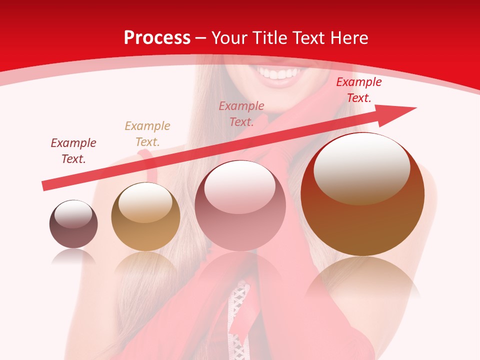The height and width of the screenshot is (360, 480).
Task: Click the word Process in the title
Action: coord(157,38)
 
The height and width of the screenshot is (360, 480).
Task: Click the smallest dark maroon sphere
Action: coord(73,224)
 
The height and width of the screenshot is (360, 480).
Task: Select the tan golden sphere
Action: coord(145,217)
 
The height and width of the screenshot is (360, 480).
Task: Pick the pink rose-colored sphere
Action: coord(240,205)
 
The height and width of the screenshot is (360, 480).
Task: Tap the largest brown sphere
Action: coord(362,194)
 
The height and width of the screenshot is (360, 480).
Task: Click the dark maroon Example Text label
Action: coord(73,151)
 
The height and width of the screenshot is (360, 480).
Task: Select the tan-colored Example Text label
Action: coord(147,133)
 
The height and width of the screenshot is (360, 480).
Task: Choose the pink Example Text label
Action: coord(241,113)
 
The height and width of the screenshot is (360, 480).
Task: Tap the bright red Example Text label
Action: coord(358,90)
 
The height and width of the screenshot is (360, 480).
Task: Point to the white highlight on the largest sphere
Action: coord(361,167)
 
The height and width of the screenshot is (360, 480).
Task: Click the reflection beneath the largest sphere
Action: coord(362,280)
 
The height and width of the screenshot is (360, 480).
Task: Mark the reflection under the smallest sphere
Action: coord(73,257)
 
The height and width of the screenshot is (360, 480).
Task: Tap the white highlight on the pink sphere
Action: coord(240,186)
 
